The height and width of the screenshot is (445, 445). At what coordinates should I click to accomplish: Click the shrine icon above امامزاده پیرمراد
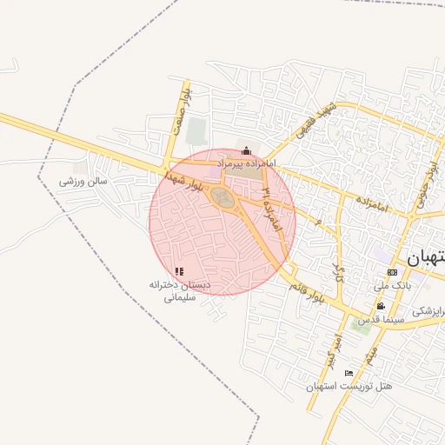[246, 151]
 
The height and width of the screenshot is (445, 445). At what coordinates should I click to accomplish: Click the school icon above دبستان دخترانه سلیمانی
[179, 272]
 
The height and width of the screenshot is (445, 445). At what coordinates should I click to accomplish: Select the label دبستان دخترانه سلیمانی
[181, 290]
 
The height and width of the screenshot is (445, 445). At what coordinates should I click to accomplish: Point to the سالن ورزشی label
[83, 182]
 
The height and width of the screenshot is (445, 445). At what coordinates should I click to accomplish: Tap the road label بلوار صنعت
[180, 110]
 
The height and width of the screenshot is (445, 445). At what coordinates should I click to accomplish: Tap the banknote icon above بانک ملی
[392, 272]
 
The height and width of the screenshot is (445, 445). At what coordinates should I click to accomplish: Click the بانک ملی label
[391, 284]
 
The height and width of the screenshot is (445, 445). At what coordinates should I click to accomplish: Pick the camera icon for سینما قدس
[381, 306]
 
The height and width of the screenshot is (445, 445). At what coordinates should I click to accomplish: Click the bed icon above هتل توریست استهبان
[349, 373]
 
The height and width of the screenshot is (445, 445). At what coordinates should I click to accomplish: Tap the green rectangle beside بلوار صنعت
[197, 132]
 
